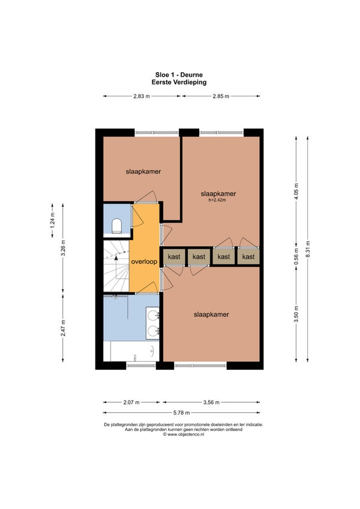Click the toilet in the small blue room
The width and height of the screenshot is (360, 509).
tap(116, 226)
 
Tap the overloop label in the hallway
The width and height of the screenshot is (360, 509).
tap(144, 262)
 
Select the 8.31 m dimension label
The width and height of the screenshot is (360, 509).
tap(308, 249)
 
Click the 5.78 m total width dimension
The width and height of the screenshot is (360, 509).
tap(181, 413)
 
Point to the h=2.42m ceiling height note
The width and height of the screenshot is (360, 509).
tap(217, 200)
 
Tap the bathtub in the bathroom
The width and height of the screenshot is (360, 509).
tap(135, 351)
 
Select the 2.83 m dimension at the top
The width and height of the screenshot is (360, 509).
tap(142, 96)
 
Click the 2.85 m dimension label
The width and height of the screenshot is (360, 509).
tap(221, 96)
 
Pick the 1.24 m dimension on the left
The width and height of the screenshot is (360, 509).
tap(52, 220)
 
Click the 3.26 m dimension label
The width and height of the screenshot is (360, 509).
tap(63, 248)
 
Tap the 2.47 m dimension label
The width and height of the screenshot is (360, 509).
tap(63, 328)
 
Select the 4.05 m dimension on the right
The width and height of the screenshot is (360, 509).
tap(296, 191)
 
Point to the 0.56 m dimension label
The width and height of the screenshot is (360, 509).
tap(296, 256)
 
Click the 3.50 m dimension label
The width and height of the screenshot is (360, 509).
tap(296, 315)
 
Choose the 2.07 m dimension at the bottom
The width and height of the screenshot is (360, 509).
tap(131, 403)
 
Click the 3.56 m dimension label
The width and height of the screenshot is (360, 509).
tap(211, 403)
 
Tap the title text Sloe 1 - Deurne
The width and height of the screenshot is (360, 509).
tap(179, 75)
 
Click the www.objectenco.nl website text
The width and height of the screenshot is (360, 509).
tap(184, 434)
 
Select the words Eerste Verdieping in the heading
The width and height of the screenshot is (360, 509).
tap(179, 82)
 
